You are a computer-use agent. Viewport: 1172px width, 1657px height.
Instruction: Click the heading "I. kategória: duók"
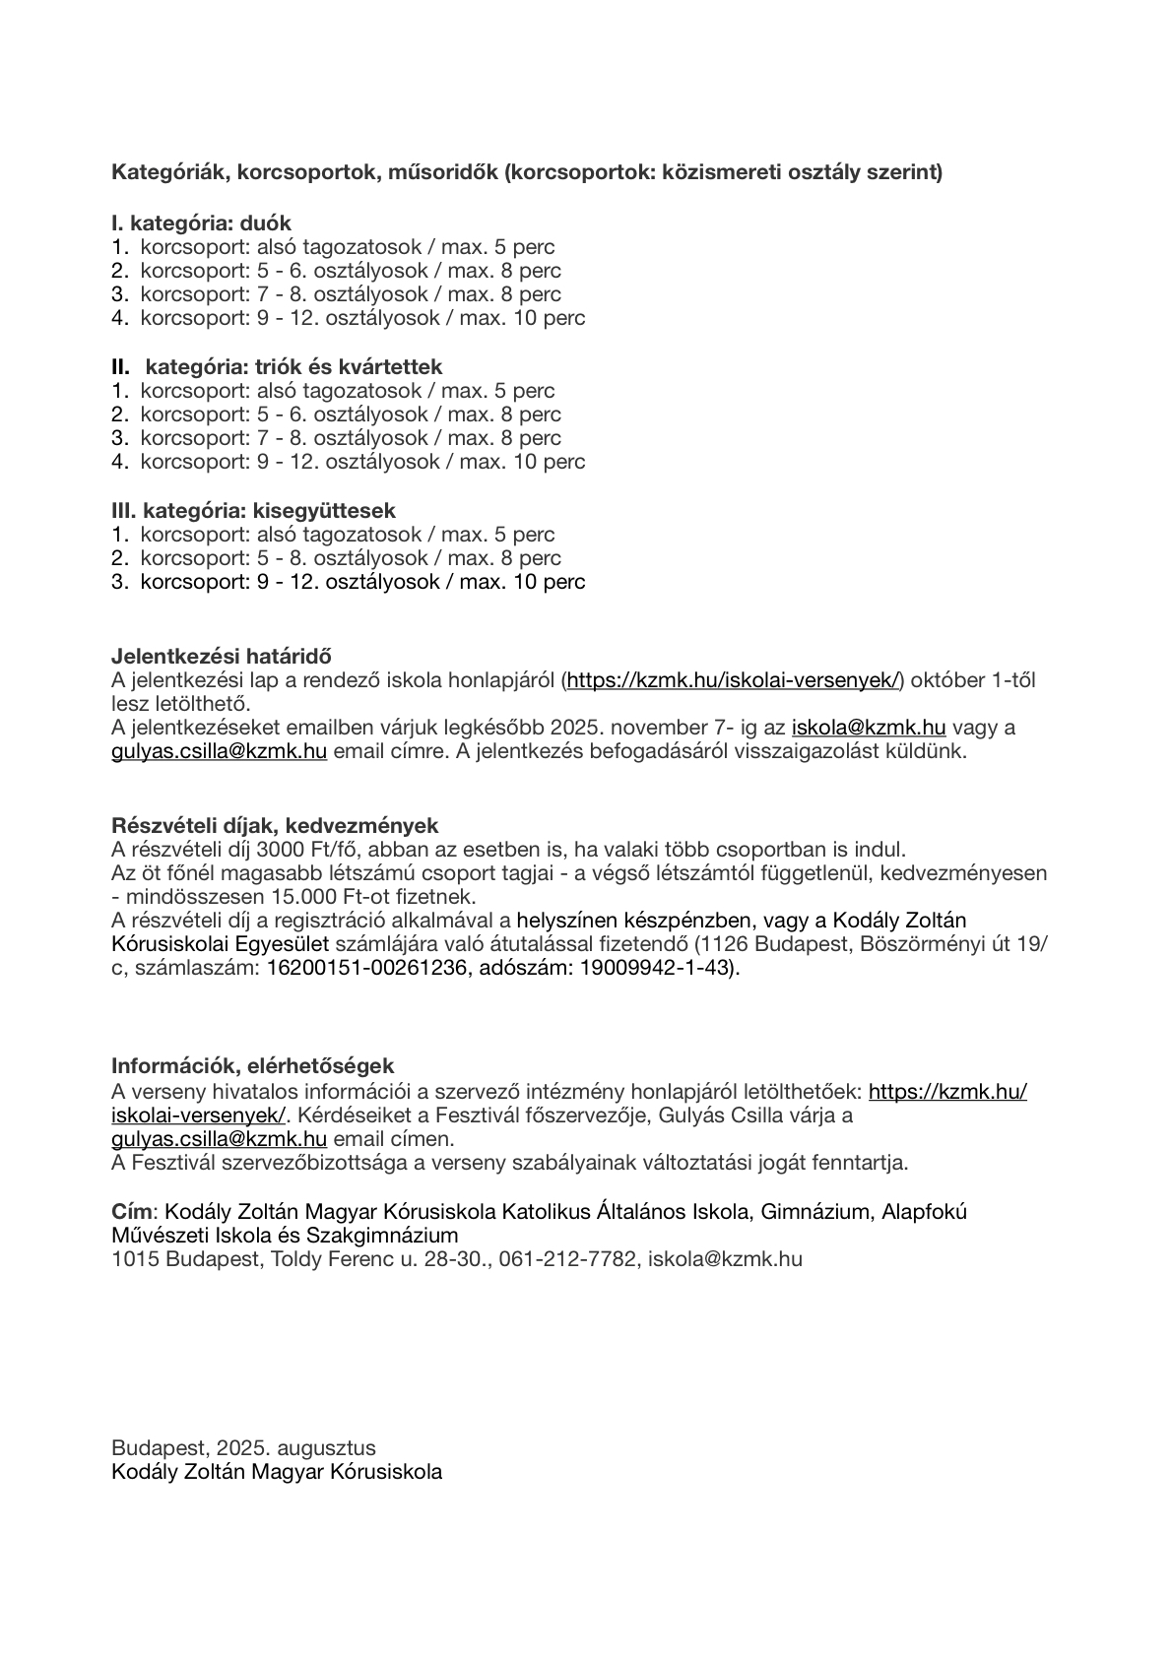[x=201, y=223]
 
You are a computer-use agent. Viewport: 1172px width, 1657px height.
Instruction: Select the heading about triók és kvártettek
[x=277, y=367]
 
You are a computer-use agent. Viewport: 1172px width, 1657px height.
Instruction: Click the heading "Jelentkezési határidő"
[x=221, y=656]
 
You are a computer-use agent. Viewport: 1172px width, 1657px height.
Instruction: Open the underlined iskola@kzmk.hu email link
[x=869, y=729]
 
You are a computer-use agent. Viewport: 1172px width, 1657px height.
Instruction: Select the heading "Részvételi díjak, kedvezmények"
[x=275, y=825]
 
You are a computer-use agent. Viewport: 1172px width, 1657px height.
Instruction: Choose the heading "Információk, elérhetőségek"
[x=252, y=1065]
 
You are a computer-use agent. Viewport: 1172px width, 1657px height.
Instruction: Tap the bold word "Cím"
[x=132, y=1211]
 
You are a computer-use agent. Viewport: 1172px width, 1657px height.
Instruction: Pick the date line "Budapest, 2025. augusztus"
[x=243, y=1448]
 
